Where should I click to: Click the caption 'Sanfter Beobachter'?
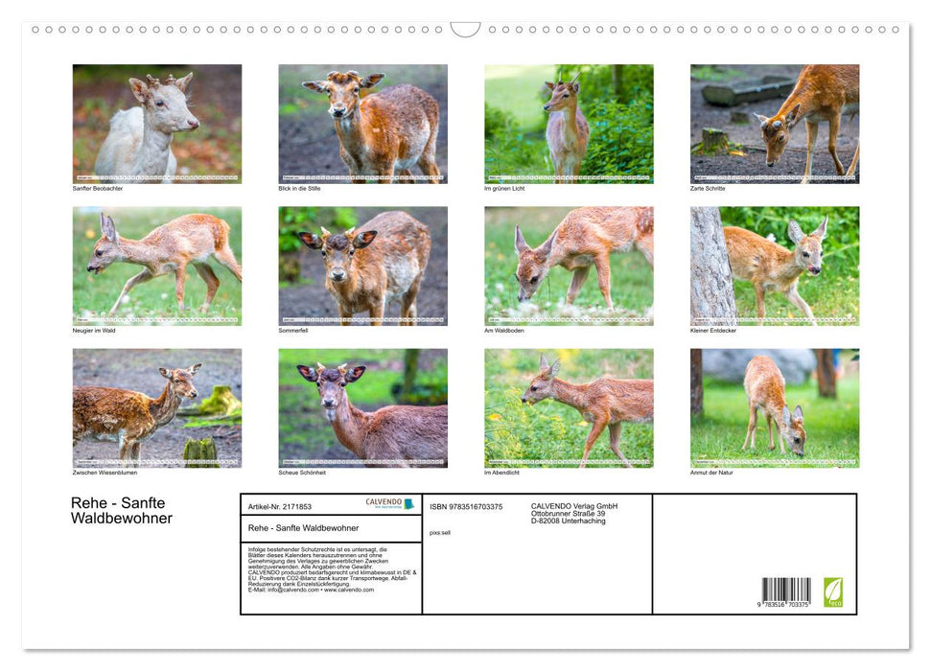coord(98,188)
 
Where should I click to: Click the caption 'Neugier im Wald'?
coord(95,331)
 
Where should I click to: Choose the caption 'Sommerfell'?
coord(294,331)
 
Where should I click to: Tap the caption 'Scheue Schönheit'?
coord(302,473)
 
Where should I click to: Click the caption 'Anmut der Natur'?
coord(712,473)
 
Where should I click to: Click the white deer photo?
coord(157,123)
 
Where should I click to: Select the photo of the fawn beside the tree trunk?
coord(775,266)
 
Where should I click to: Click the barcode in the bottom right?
coord(786,591)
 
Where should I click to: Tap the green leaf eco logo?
coord(833,591)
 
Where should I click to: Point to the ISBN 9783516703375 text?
coord(466,506)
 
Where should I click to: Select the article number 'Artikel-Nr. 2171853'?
coord(279,506)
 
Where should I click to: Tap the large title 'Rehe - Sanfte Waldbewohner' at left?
coord(122,511)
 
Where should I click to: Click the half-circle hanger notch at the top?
coord(465,30)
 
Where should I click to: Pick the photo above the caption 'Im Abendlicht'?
coord(569,407)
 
